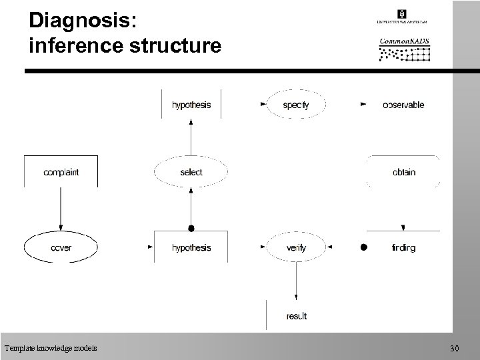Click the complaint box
[61, 172]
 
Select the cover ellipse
[61, 248]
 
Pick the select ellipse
[191, 172]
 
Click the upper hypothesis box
[191, 105]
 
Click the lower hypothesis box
[191, 248]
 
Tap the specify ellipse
[295, 105]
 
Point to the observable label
[403, 105]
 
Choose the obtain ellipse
[403, 172]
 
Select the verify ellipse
[295, 248]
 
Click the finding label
[403, 248]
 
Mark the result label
[296, 315]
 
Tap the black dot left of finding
[363, 247]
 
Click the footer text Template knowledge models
[50, 348]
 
